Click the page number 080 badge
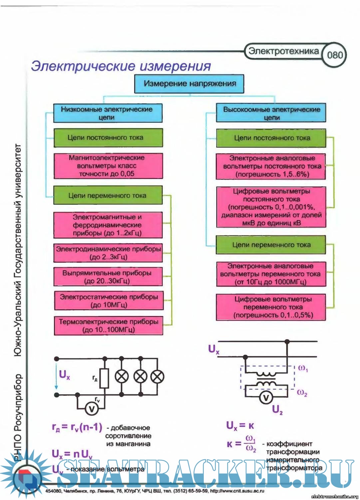click(x=334, y=55)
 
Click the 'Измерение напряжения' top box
click(x=189, y=84)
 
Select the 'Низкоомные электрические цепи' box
click(x=108, y=113)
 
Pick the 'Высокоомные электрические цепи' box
click(x=271, y=113)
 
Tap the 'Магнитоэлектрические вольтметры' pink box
click(x=108, y=166)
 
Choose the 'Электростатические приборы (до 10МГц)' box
click(x=109, y=301)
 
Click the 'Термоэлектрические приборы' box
click(x=109, y=326)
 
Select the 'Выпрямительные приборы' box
click(x=108, y=277)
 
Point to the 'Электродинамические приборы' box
click(x=108, y=253)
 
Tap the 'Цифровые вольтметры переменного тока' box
click(x=271, y=307)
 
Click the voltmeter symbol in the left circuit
click(x=91, y=409)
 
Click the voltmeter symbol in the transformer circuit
click(x=266, y=397)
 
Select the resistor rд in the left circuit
click(x=104, y=378)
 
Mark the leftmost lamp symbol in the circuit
click(x=122, y=377)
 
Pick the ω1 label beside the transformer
click(x=303, y=368)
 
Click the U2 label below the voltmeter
click(x=277, y=410)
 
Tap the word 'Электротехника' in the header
click(x=283, y=51)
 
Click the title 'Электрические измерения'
click(x=121, y=66)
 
